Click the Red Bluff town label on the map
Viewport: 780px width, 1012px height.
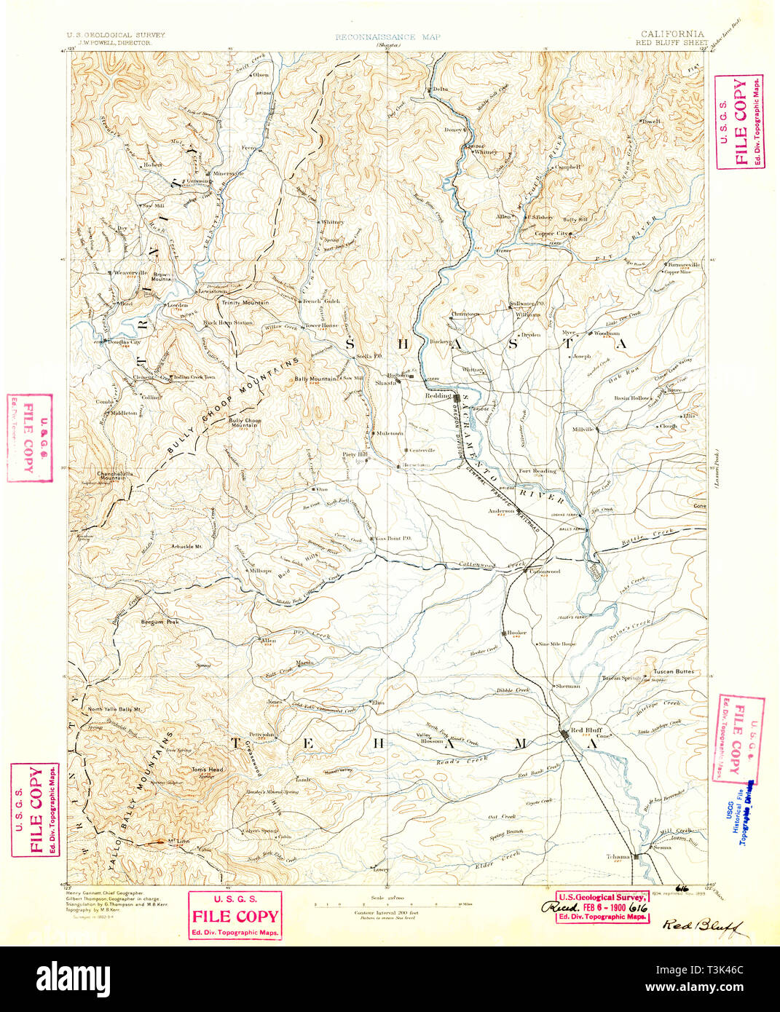pyautogui.click(x=586, y=730)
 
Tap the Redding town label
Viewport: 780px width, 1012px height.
pyautogui.click(x=439, y=395)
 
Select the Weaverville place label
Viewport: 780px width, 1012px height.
pyautogui.click(x=131, y=272)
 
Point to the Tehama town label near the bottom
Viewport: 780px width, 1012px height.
pyautogui.click(x=618, y=856)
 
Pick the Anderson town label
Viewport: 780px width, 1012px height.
pyautogui.click(x=502, y=510)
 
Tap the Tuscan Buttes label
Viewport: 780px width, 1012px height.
pyautogui.click(x=673, y=671)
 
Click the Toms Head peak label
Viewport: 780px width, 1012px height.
pyautogui.click(x=208, y=769)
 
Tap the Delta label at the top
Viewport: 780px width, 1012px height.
pyautogui.click(x=439, y=89)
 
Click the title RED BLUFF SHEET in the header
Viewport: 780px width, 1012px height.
pyautogui.click(x=671, y=43)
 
